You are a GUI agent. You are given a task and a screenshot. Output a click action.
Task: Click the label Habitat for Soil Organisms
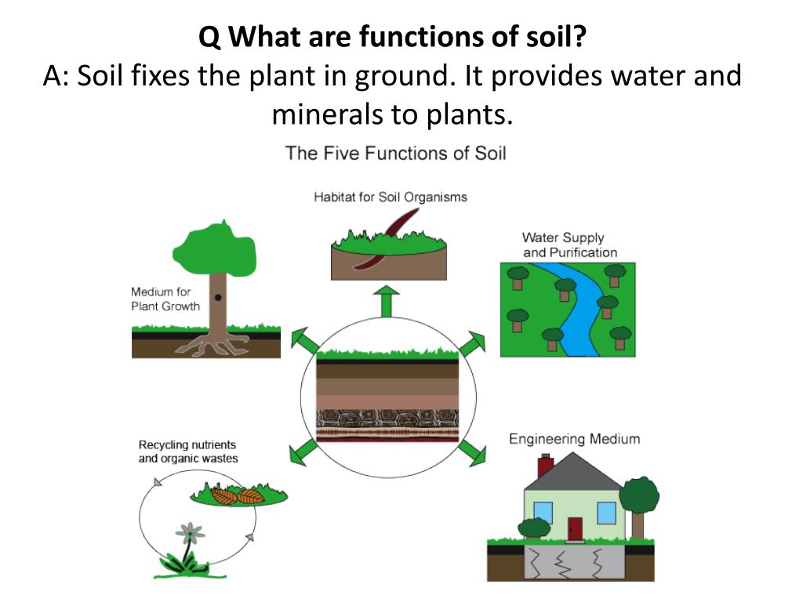point(390,197)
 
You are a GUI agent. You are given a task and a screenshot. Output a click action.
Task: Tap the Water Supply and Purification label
point(569,245)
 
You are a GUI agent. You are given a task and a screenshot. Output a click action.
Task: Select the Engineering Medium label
point(574,439)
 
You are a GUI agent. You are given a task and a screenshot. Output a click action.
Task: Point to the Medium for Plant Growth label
point(165,299)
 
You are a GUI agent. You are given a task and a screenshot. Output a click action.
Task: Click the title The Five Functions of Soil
point(395,153)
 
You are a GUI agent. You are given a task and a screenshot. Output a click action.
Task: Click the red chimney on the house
point(546,466)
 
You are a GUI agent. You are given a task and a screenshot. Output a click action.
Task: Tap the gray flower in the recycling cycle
point(190,535)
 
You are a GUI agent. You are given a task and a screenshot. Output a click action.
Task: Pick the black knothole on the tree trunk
point(218,298)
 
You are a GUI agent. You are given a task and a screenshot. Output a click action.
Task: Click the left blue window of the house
point(543,513)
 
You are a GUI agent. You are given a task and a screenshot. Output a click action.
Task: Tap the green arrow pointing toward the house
point(471,451)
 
